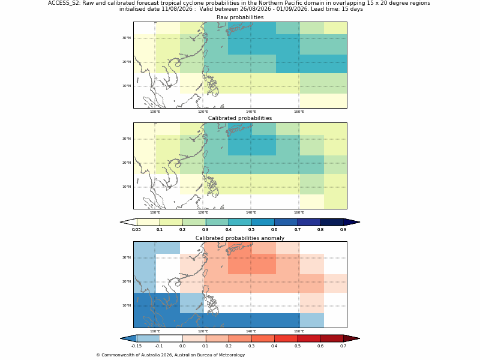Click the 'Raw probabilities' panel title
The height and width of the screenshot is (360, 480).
click(x=240, y=17)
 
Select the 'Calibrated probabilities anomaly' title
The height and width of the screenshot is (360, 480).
click(x=240, y=238)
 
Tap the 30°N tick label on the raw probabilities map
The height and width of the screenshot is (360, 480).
click(x=127, y=38)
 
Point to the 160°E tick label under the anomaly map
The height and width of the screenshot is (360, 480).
click(x=299, y=331)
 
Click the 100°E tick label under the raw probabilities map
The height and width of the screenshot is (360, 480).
click(x=155, y=112)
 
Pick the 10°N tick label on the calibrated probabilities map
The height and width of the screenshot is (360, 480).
click(x=127, y=187)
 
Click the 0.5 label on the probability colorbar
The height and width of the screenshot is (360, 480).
click(x=251, y=230)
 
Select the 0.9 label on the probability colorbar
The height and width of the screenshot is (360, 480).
click(x=343, y=230)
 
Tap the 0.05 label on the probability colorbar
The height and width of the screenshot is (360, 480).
click(x=137, y=230)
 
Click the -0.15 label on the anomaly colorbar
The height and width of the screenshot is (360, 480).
click(x=137, y=346)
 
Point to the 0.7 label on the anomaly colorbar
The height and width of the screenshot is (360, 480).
click(x=343, y=346)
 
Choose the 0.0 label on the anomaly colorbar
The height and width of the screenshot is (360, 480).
click(x=182, y=346)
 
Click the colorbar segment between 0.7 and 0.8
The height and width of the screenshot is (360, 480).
click(x=309, y=222)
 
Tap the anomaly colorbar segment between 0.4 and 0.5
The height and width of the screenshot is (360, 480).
click(x=286, y=338)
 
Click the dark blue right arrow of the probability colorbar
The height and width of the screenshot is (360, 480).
click(x=352, y=222)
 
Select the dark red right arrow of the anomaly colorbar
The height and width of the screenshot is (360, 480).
click(x=352, y=338)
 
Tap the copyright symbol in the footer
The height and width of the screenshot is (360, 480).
click(x=98, y=355)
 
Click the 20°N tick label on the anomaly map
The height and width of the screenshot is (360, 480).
click(x=127, y=281)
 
